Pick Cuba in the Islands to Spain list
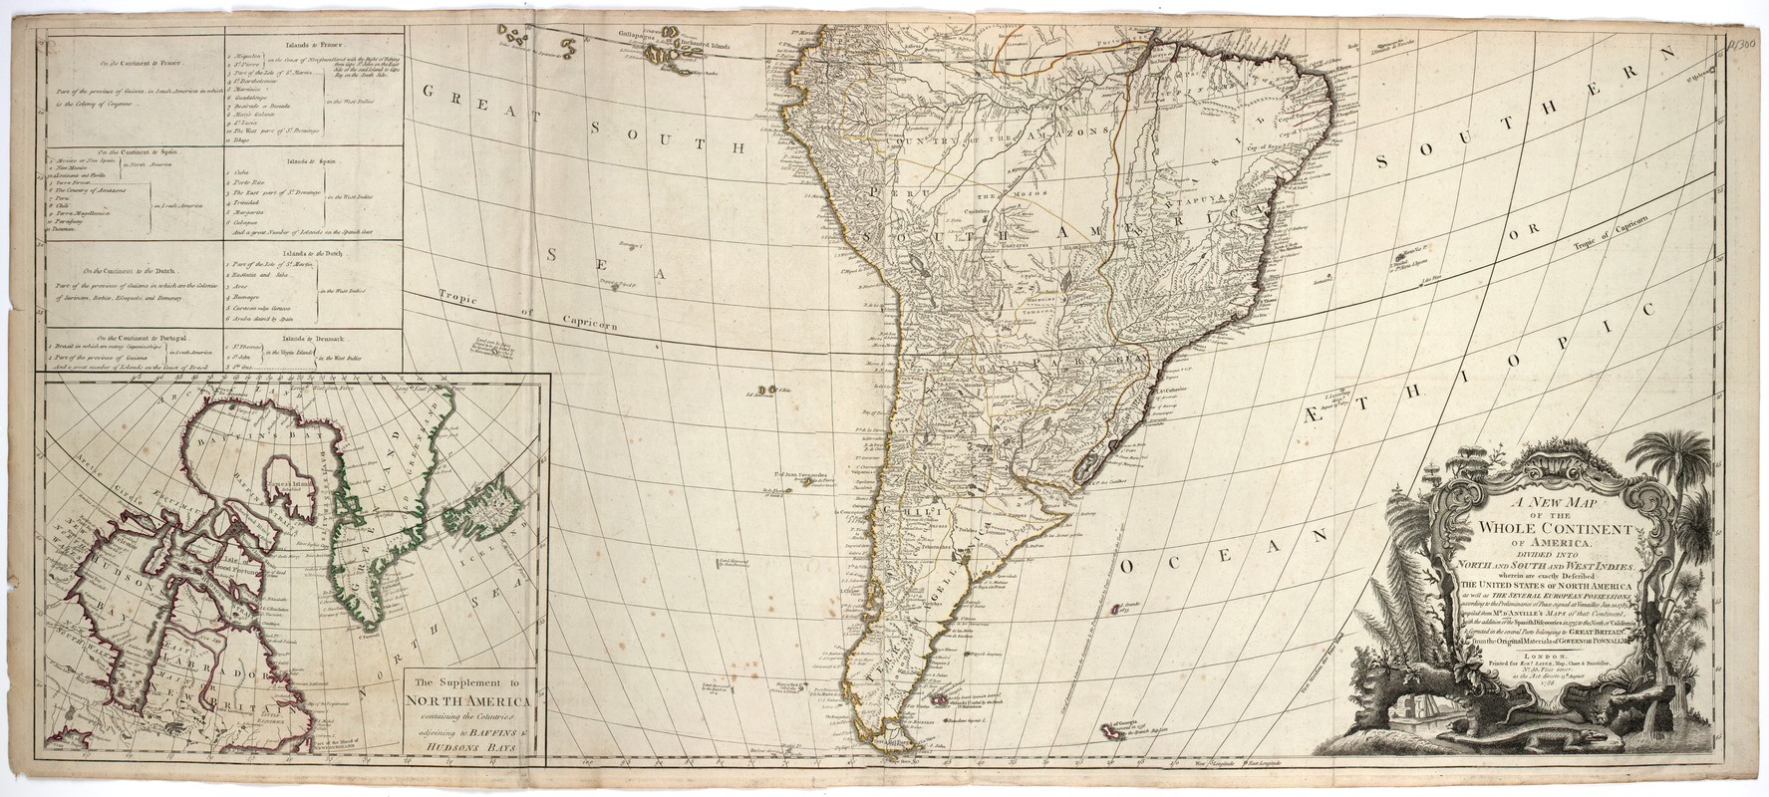(240, 171)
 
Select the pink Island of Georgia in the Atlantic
(1108, 732)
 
